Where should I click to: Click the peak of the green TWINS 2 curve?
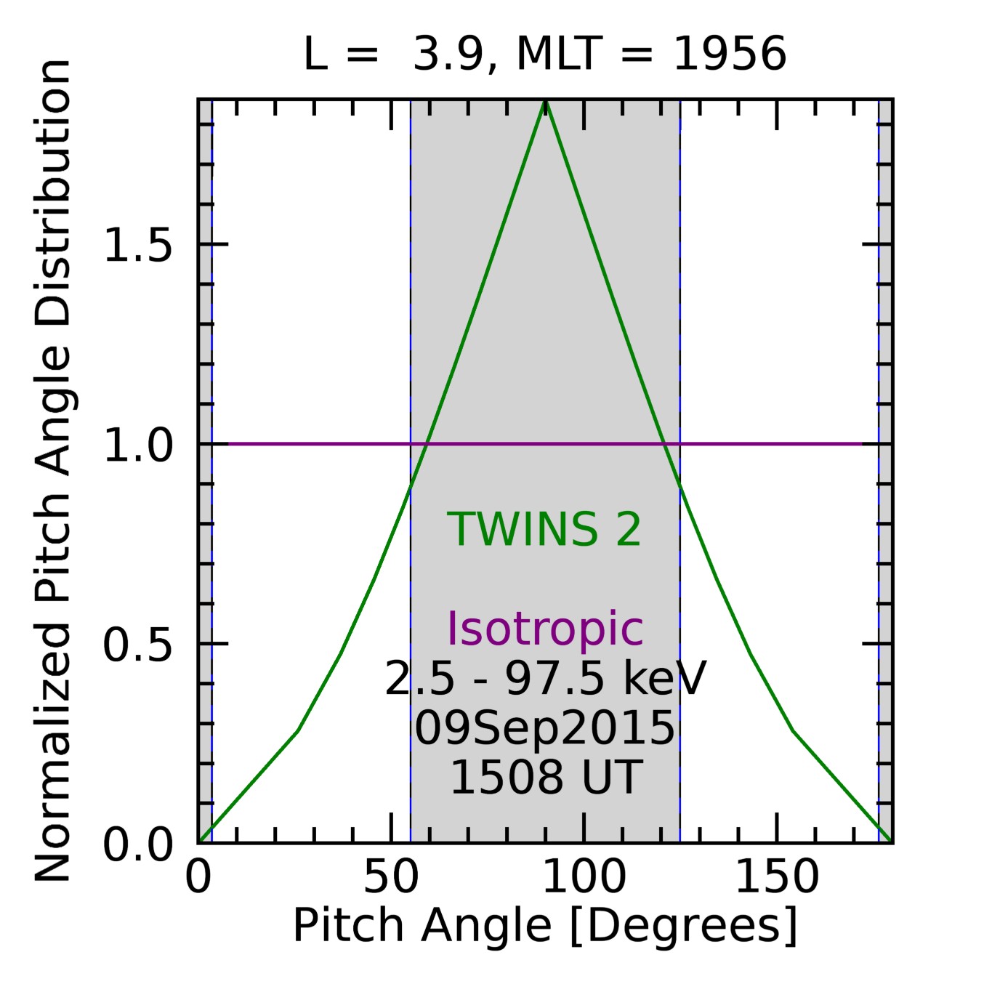tap(546, 102)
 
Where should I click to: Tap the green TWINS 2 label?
tap(544, 529)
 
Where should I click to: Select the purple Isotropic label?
tap(544, 628)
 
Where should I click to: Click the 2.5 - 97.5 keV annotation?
tap(545, 680)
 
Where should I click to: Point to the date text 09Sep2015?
tap(544, 728)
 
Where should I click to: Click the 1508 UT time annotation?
tap(546, 777)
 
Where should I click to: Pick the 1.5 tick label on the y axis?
tap(138, 245)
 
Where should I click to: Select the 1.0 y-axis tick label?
tap(138, 445)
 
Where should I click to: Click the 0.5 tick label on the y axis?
tap(138, 645)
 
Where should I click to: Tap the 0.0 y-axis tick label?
tap(138, 845)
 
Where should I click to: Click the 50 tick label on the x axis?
tap(391, 877)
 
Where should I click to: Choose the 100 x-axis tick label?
tap(584, 877)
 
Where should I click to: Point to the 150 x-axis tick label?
tap(777, 877)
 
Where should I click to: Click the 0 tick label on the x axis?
tap(198, 877)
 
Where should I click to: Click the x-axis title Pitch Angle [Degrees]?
tap(545, 927)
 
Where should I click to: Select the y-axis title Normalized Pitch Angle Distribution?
tap(52, 471)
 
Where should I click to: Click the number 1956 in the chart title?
tap(730, 55)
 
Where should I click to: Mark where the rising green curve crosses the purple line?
tap(427, 443)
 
